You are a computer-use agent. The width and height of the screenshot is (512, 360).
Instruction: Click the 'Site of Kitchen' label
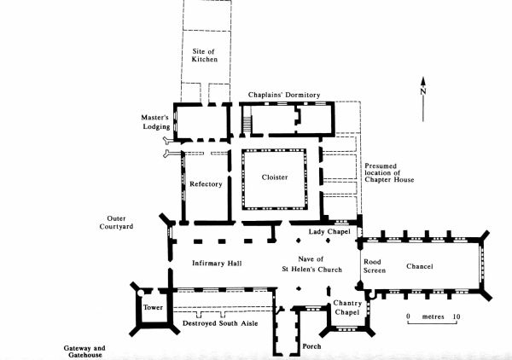point(204,54)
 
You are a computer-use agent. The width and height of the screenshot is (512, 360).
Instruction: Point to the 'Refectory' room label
point(206,183)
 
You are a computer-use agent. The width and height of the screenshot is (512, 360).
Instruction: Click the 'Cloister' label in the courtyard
point(275,177)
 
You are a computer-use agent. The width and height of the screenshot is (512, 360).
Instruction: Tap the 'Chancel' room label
point(419,266)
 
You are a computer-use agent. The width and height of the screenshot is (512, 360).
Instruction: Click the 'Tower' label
point(152,307)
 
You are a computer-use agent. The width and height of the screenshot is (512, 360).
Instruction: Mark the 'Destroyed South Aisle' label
point(222,324)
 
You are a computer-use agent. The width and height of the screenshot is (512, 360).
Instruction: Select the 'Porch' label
point(311,345)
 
